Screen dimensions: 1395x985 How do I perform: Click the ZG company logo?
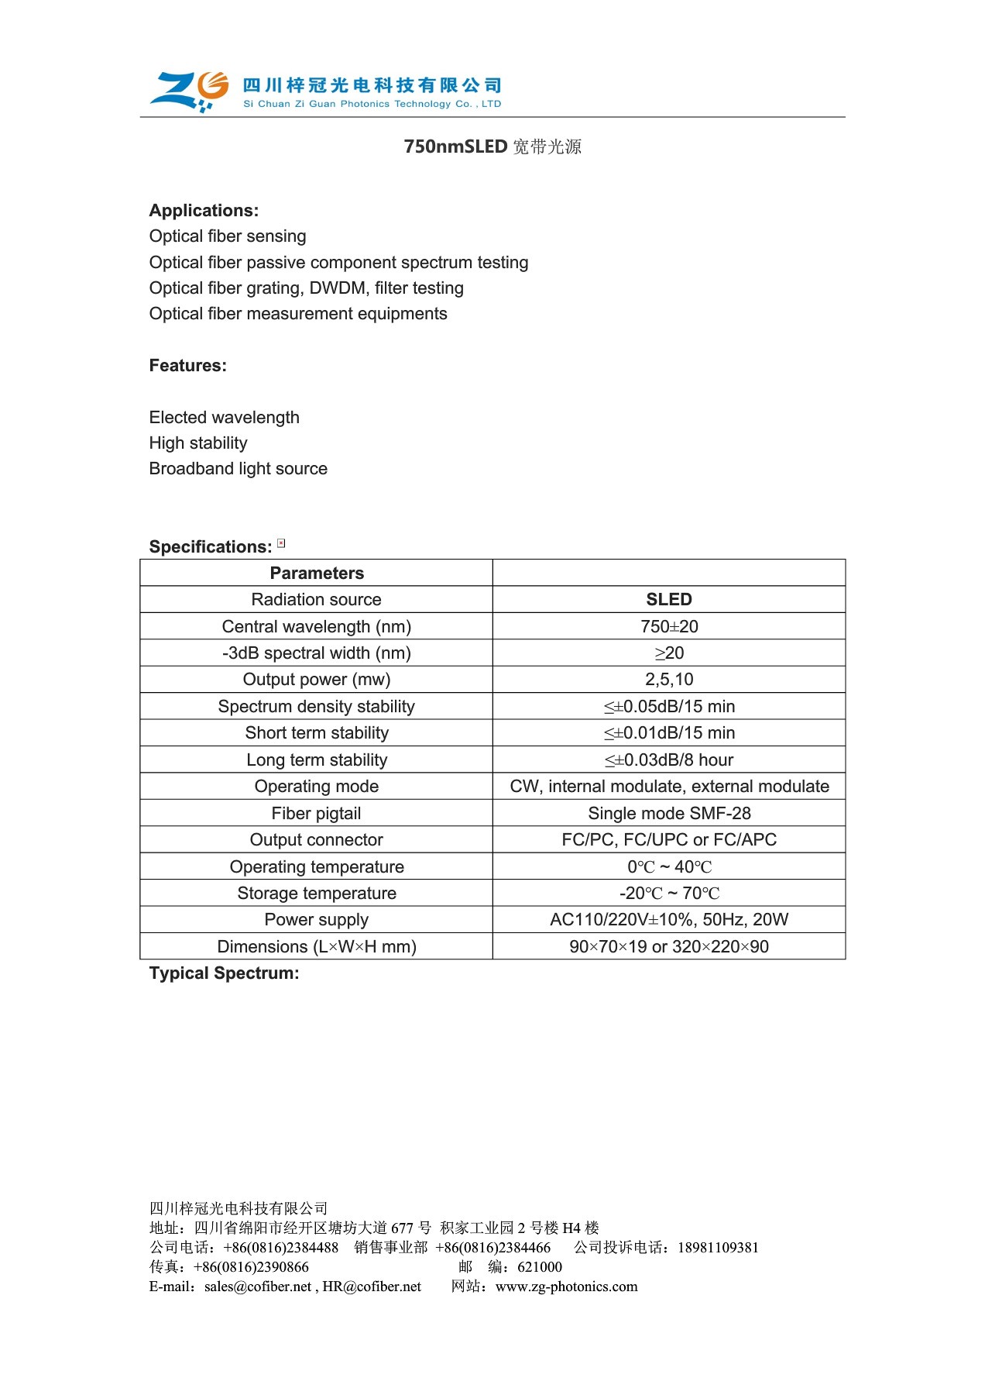point(190,91)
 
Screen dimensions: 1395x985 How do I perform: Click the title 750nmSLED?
point(455,146)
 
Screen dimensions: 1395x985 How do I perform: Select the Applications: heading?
point(204,211)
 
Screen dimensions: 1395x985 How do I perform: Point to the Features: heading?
point(188,366)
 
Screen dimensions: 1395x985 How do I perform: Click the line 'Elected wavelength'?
point(224,418)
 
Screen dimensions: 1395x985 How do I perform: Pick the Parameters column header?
point(317,573)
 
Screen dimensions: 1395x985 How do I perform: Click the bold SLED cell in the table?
point(669,600)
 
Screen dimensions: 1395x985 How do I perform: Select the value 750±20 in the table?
point(669,626)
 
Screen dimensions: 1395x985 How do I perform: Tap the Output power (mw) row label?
point(317,680)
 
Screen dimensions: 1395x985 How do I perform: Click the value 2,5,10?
point(669,680)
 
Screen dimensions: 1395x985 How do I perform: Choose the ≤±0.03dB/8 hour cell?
point(669,760)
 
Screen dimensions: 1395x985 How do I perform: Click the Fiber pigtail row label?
point(317,814)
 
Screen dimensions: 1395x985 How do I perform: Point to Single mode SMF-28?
point(669,814)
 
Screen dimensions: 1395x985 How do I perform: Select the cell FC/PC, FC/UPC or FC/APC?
point(669,840)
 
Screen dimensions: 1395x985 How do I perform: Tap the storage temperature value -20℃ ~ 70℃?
point(669,894)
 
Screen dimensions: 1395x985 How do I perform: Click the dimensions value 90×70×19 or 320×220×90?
point(669,947)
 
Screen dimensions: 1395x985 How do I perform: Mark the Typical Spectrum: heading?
point(224,973)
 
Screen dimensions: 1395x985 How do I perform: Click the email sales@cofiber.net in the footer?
point(257,1286)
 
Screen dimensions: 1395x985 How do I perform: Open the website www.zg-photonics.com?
point(566,1286)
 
